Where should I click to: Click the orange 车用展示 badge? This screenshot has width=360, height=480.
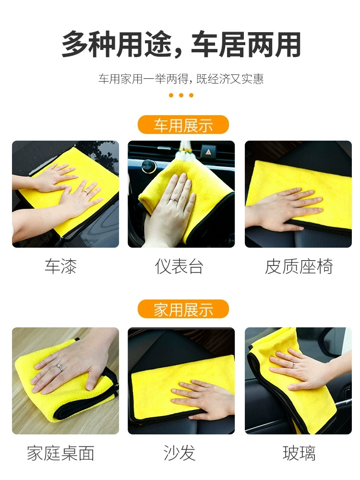pyautogui.click(x=183, y=125)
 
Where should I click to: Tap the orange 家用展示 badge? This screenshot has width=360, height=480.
pyautogui.click(x=183, y=309)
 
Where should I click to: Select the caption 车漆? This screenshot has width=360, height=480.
pyautogui.click(x=60, y=266)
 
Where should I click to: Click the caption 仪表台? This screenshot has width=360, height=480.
pyautogui.click(x=179, y=266)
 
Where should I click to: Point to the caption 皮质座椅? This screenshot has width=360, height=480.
pyautogui.click(x=299, y=266)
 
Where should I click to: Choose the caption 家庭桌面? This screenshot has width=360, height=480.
pyautogui.click(x=60, y=453)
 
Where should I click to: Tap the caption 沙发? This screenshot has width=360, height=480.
pyautogui.click(x=180, y=453)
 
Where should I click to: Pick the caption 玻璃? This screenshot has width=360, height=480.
pyautogui.click(x=299, y=453)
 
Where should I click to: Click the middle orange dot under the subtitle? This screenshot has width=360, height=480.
pyautogui.click(x=181, y=95)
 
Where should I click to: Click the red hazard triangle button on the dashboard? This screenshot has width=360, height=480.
pyautogui.click(x=208, y=152)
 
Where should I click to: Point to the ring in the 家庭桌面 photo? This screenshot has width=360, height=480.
pyautogui.click(x=60, y=367)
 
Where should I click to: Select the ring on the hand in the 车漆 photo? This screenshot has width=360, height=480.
pyautogui.click(x=86, y=192)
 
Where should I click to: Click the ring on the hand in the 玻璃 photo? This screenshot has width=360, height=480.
pyautogui.click(x=293, y=365)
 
